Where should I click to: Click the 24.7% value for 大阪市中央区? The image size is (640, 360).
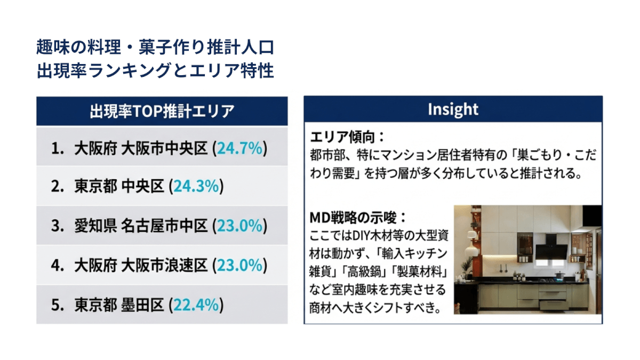tap(239, 149)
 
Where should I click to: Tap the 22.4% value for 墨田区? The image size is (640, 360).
tap(196, 305)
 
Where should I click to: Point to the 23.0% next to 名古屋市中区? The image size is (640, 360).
tap(239, 226)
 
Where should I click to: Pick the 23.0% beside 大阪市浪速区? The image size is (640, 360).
tap(239, 265)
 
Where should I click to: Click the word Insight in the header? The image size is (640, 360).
tap(453, 109)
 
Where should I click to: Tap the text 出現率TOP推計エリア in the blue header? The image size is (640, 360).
tap(162, 111)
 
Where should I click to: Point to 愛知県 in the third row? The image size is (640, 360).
tap(95, 226)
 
